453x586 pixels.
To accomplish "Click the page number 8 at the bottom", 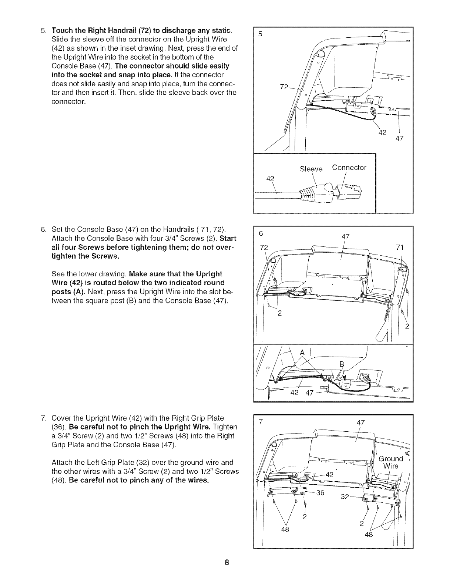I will [x=227, y=563].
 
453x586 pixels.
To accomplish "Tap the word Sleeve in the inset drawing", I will [x=311, y=169].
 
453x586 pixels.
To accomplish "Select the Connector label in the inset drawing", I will [x=349, y=168].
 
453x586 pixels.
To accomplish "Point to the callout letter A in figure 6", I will [x=302, y=353].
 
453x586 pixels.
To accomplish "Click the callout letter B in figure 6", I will [x=342, y=365].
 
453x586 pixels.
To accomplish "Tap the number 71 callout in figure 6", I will [x=400, y=247].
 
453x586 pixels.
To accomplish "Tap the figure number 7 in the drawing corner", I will [x=261, y=422].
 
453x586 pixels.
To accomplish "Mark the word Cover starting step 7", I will [x=62, y=418].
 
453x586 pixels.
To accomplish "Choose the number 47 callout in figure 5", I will [x=399, y=139].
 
